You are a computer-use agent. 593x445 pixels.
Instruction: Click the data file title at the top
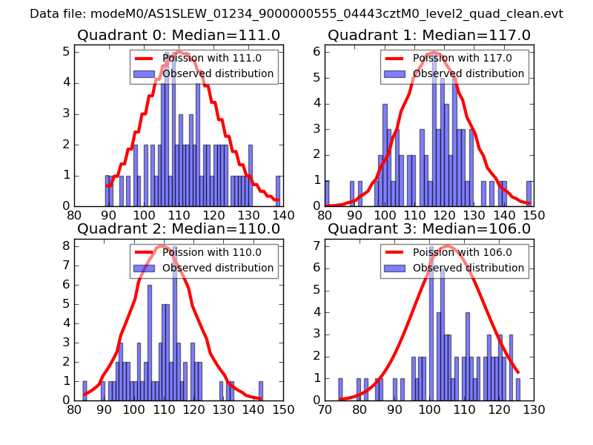coord(296,14)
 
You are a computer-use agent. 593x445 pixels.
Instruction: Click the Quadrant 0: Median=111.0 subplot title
coord(178,35)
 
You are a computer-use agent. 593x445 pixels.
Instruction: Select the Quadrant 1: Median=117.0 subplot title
coord(428,35)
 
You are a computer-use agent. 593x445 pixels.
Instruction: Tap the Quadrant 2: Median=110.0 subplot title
coord(178,228)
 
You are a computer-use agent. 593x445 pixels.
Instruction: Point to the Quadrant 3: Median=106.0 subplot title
coord(428,228)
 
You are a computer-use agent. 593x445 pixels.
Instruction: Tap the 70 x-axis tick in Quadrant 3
coord(325,409)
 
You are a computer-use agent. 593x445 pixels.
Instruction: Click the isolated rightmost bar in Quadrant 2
coord(261,390)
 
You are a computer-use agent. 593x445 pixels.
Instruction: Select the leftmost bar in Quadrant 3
coord(341,389)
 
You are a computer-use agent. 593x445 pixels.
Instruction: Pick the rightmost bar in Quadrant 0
coord(278,191)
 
